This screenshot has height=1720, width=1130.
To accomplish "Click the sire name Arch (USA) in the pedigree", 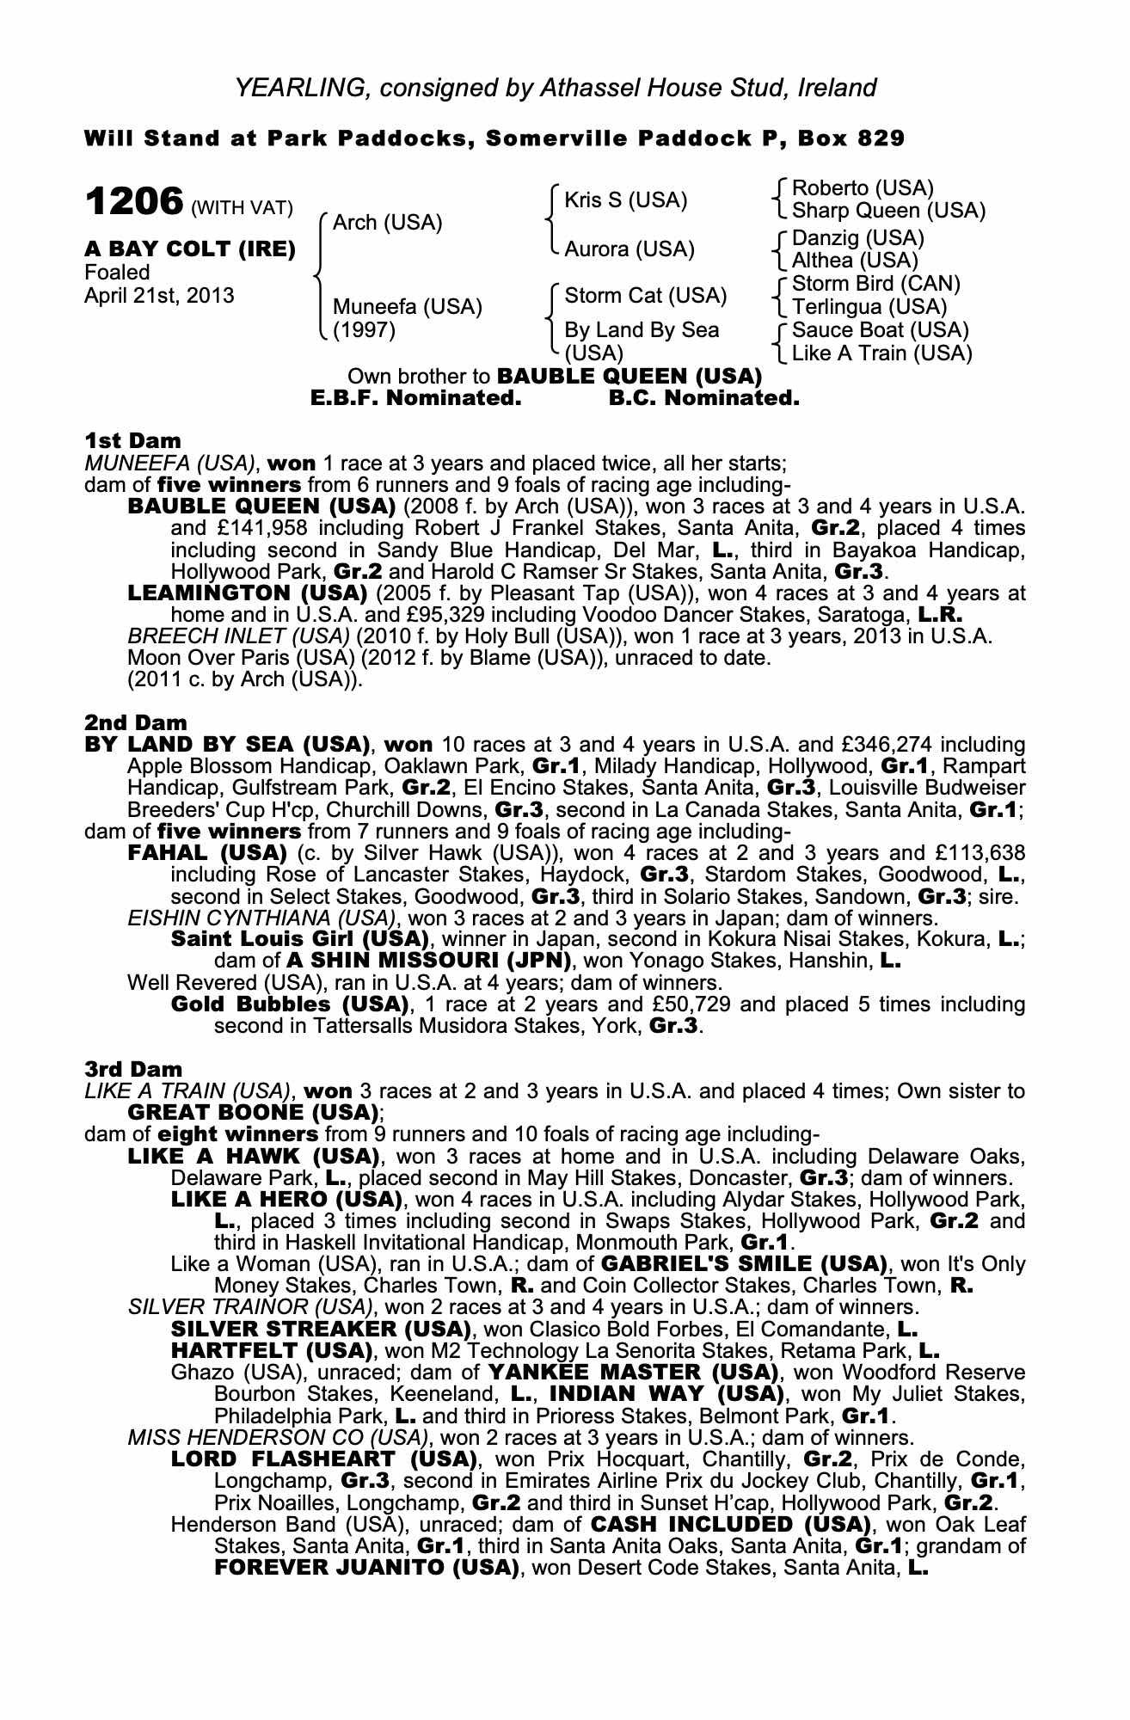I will coord(387,223).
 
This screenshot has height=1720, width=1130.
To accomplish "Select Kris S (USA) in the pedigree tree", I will coord(625,200).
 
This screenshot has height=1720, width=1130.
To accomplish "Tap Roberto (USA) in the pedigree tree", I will coord(862,188).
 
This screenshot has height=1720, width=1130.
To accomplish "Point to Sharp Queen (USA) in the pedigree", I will coord(888,211).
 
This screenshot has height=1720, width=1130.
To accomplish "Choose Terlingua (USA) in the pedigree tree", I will coord(869,306).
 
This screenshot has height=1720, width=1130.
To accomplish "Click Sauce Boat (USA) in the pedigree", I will coord(880,330).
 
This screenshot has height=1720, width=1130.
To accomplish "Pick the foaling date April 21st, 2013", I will coord(159,296).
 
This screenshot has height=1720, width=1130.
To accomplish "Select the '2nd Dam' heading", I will coord(135,723).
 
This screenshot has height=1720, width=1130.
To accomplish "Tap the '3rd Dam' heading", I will coord(133,1069).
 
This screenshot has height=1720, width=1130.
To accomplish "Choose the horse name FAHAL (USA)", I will coord(206,853).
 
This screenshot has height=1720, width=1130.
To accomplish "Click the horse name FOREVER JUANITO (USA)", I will coord(367,1568).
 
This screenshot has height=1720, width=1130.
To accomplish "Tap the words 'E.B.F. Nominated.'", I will coord(416,398).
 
